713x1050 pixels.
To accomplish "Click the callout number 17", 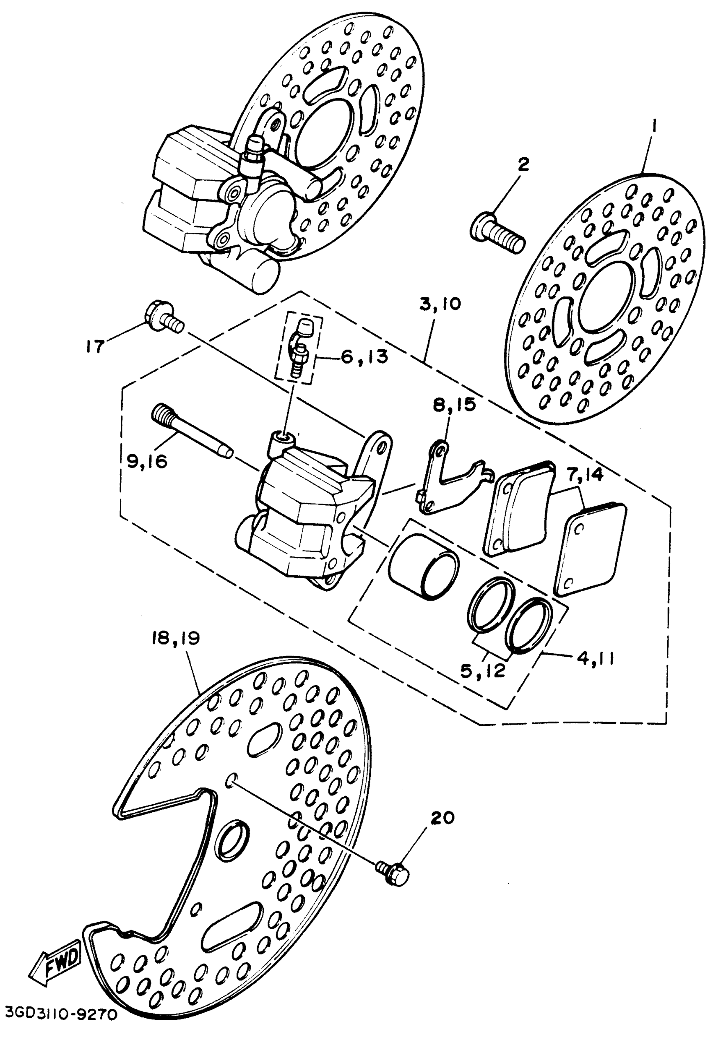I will (95, 347).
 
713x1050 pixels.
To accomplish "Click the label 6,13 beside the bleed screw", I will (364, 357).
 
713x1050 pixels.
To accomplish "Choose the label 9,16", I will (147, 462).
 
